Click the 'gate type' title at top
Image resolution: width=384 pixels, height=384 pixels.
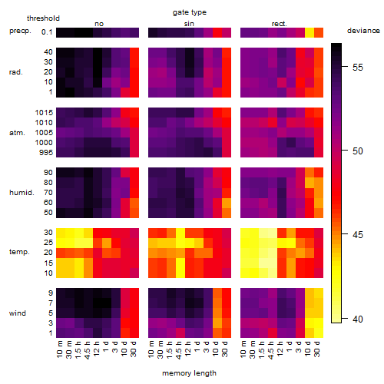190,12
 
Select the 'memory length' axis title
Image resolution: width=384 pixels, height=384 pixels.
189,373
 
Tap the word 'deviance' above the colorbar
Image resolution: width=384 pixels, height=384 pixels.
363,31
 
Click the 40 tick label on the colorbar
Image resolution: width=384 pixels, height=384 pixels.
358,319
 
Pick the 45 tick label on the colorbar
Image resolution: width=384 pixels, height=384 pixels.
358,235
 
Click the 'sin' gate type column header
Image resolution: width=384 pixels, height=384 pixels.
189,24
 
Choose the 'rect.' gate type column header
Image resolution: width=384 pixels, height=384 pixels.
280,24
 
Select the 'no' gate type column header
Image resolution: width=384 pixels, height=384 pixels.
99,24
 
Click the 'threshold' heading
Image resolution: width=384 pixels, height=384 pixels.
43,18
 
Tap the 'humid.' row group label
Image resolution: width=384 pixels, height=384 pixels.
22,193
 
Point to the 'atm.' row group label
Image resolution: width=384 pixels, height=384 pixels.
17,133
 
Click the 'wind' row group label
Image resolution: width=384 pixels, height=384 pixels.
18,313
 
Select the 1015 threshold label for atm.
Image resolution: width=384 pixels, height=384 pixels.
44,113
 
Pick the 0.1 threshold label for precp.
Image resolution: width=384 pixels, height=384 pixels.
47,32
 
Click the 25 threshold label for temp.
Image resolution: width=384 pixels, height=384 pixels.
48,243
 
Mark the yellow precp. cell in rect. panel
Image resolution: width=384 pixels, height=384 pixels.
310,32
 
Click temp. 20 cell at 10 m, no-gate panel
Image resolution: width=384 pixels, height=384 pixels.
61,253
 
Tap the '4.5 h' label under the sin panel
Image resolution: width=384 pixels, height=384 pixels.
179,350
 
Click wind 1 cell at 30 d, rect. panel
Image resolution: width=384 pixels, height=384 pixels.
319,333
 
